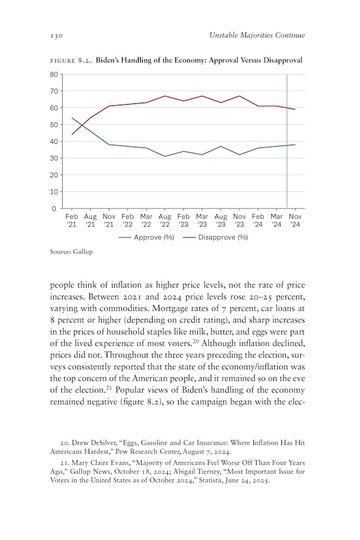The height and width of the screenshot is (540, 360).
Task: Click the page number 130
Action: [x=57, y=34]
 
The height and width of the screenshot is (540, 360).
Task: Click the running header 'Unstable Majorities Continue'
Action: [x=255, y=34]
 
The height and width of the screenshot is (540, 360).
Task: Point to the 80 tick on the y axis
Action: [x=53, y=74]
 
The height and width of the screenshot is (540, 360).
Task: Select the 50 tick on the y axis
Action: [x=53, y=125]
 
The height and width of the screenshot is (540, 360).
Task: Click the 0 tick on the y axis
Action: [x=55, y=209]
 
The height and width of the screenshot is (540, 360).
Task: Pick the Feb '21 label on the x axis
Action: [x=72, y=221]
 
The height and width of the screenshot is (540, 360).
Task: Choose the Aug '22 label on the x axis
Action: [x=165, y=221]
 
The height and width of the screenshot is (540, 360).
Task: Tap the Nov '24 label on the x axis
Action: [x=295, y=221]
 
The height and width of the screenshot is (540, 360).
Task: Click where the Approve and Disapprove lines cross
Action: [x=81, y=126]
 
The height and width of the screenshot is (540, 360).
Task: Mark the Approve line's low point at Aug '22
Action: [x=165, y=156]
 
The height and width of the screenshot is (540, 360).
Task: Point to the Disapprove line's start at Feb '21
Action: [x=72, y=134]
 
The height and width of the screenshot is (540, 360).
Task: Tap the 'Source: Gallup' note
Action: [x=71, y=253]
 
